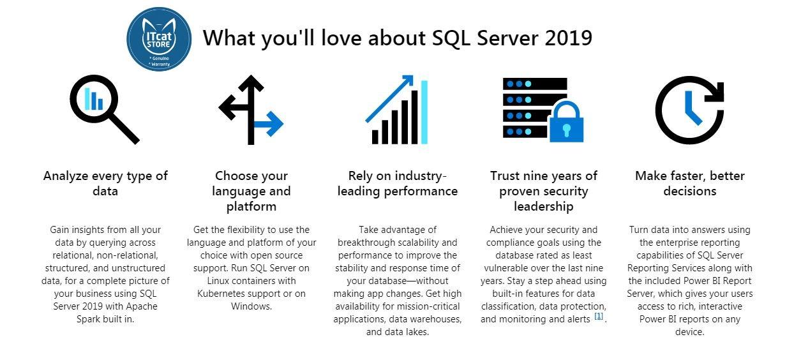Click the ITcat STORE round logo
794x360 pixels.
click(159, 38)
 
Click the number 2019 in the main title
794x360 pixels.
click(569, 38)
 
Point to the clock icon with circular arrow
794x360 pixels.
click(689, 109)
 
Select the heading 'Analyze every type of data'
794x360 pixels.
click(105, 183)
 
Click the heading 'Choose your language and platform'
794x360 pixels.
click(251, 191)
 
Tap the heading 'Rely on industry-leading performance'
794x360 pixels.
click(397, 183)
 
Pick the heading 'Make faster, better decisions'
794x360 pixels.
click(689, 183)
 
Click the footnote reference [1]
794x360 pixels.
click(599, 317)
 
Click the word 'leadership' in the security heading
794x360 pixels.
click(544, 206)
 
